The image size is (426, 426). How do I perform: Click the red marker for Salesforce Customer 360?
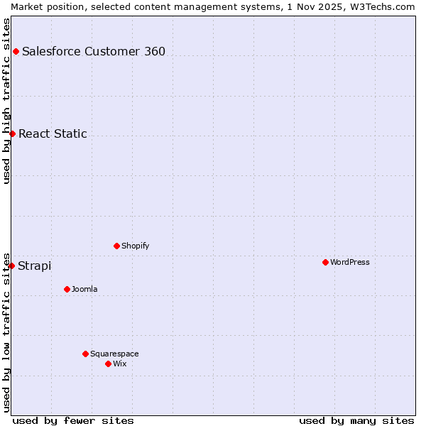[16, 51]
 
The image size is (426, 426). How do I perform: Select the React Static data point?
[12, 133]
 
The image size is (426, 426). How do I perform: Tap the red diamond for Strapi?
[11, 266]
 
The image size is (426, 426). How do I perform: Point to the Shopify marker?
[116, 246]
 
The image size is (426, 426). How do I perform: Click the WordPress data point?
[325, 262]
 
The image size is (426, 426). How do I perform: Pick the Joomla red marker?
[67, 289]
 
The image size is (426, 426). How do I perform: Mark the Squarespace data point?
[85, 354]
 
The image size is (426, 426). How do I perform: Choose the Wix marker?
[108, 364]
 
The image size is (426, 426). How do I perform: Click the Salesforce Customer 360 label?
[94, 51]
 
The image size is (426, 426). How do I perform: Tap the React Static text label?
[53, 133]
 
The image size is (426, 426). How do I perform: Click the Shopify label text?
[135, 246]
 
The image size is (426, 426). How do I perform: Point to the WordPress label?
[350, 262]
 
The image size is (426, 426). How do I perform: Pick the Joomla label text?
[84, 289]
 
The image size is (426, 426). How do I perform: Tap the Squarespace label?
[114, 354]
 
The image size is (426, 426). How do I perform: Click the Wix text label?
[119, 364]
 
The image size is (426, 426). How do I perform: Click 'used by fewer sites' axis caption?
[73, 420]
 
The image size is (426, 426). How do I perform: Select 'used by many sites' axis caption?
[356, 420]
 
